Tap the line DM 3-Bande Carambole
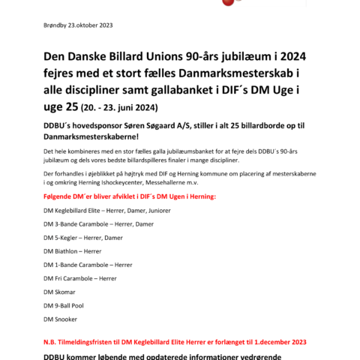99,223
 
